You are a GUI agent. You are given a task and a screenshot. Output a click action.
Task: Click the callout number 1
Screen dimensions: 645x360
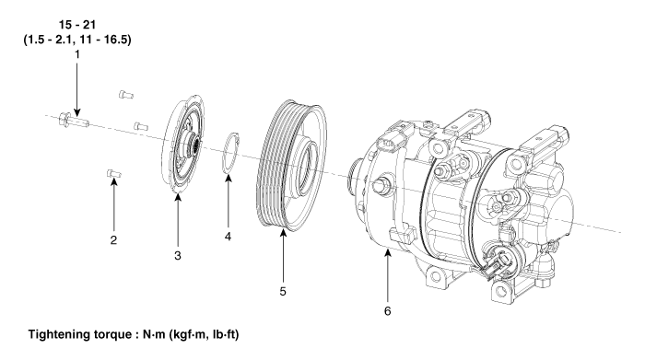pos(76,53)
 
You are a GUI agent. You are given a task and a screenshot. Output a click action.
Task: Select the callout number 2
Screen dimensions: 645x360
pos(113,239)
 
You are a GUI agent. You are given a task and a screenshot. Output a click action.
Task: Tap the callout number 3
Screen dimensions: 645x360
pos(177,256)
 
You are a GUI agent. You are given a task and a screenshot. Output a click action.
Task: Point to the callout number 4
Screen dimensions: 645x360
pos(228,237)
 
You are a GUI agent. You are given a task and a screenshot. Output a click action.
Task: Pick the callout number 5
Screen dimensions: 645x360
pos(283,291)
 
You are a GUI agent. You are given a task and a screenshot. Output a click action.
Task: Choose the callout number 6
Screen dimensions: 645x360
pos(387,311)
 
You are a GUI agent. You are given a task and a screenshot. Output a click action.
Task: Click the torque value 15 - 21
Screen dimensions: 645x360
pos(76,25)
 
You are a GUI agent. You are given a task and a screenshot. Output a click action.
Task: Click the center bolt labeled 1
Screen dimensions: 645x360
pos(74,120)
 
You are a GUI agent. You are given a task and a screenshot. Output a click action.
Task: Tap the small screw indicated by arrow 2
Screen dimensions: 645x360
pos(113,174)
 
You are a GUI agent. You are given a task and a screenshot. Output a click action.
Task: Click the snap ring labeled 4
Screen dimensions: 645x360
pos(230,153)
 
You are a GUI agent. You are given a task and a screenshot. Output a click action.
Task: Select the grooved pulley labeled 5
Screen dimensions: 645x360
pos(291,165)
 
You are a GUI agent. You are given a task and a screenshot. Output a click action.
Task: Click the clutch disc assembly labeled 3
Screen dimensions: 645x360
pos(183,144)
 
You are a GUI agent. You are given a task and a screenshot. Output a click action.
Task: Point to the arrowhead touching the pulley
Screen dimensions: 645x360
pos(283,233)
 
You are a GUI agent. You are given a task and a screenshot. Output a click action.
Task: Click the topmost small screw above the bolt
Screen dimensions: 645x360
pos(126,95)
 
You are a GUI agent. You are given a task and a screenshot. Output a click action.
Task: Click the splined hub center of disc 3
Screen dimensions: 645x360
pos(194,145)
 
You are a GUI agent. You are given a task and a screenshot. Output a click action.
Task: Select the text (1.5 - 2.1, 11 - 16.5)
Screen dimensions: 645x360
pos(77,40)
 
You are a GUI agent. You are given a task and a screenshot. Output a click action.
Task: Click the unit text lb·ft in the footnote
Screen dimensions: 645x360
pos(227,334)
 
